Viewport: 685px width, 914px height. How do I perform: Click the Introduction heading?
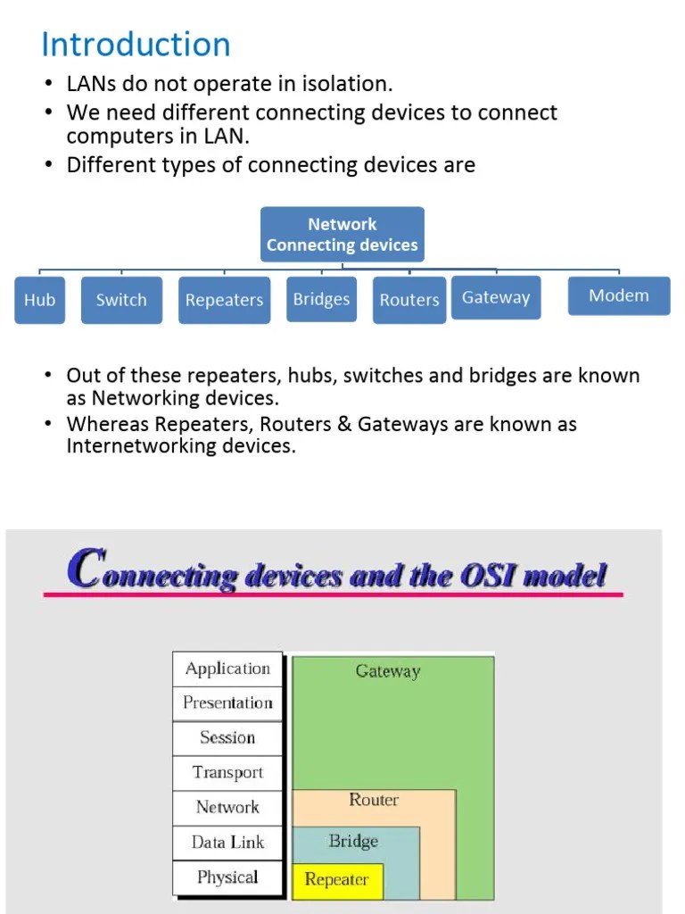(x=136, y=45)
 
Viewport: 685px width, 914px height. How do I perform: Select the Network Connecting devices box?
(x=342, y=235)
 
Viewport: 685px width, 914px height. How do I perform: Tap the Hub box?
(x=39, y=300)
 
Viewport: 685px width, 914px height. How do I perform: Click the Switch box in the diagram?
(x=121, y=300)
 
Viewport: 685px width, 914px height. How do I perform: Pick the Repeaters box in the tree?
(x=224, y=300)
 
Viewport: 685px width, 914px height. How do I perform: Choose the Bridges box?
(x=321, y=299)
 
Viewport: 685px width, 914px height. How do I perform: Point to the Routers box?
(x=409, y=300)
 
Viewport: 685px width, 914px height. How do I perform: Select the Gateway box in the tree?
(x=496, y=297)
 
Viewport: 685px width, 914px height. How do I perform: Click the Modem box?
(x=619, y=295)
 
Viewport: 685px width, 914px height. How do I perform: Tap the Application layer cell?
(x=227, y=669)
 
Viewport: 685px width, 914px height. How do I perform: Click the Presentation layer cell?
(x=227, y=703)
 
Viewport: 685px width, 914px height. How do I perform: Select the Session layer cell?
(x=227, y=738)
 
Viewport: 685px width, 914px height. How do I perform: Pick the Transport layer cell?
(x=227, y=773)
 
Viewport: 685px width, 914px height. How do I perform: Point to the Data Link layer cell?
(x=227, y=843)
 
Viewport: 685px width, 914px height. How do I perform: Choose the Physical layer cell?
(x=227, y=877)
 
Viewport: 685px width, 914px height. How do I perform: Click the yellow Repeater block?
(x=337, y=880)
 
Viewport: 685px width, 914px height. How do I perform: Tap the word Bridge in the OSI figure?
(x=353, y=841)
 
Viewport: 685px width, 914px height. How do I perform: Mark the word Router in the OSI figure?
(x=374, y=800)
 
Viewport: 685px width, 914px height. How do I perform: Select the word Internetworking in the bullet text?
(x=136, y=445)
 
